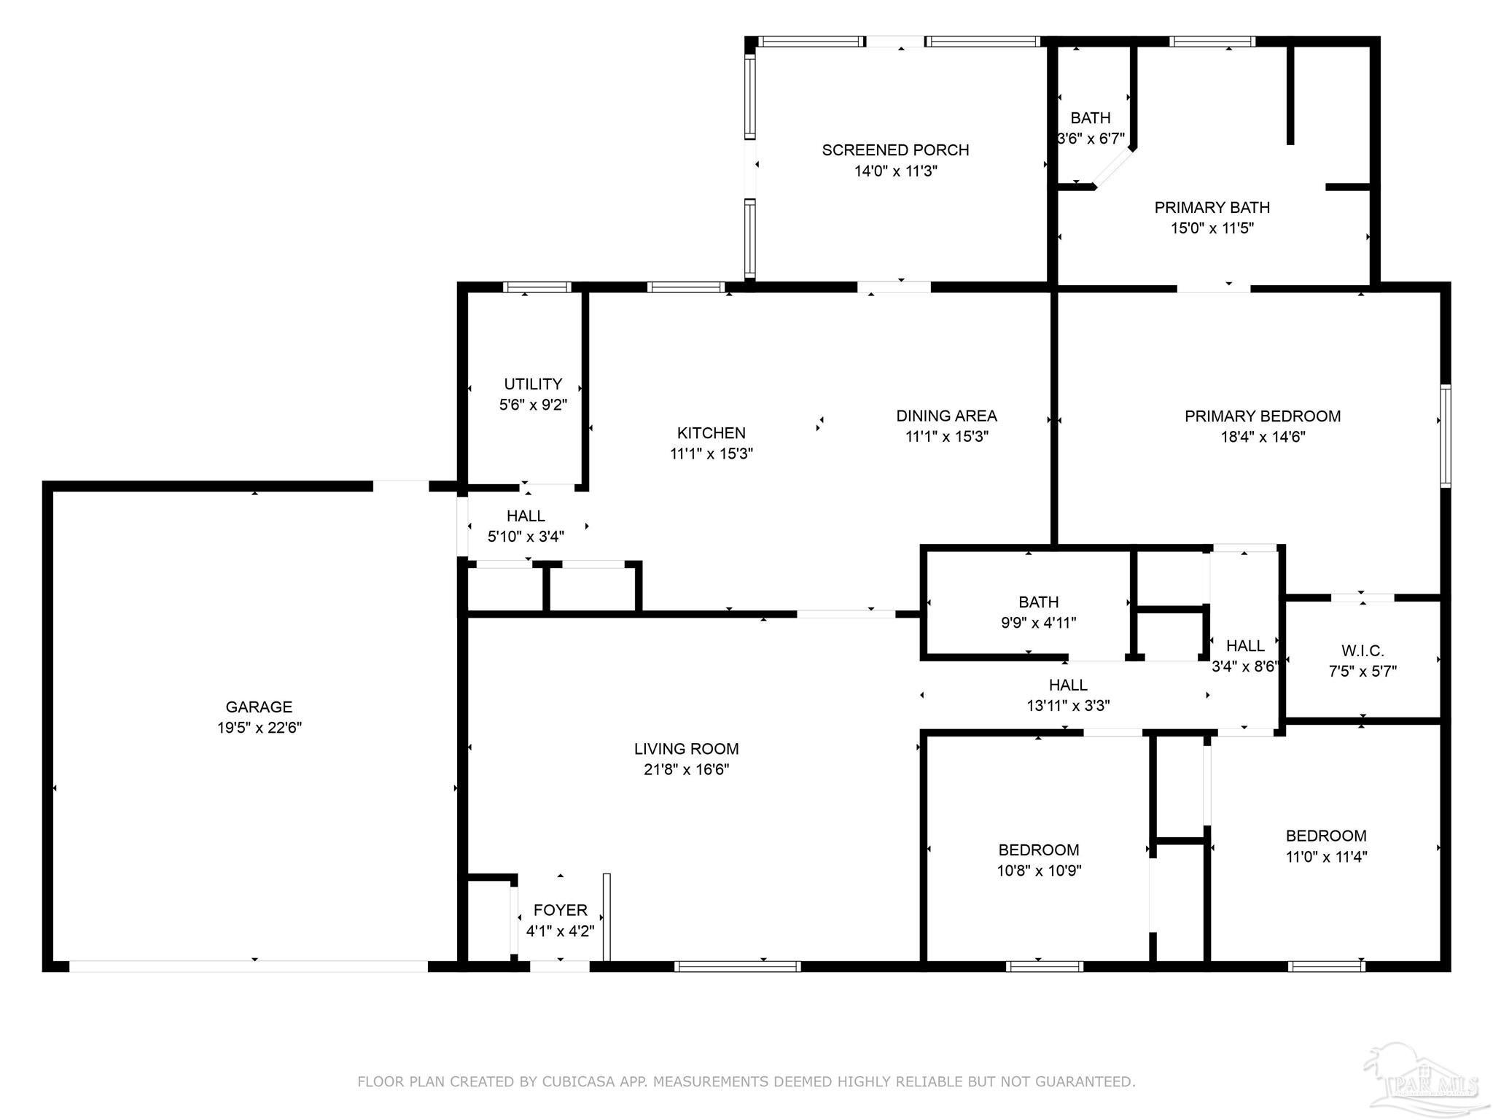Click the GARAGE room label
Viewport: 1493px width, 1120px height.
point(259,707)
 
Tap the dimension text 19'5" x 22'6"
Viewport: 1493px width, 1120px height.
point(259,728)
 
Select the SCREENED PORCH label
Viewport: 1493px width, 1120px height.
point(895,150)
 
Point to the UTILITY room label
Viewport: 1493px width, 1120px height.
point(533,384)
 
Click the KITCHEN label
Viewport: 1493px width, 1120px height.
point(711,433)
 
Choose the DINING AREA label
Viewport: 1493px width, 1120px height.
point(946,416)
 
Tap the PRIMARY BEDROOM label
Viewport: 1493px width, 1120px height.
point(1263,416)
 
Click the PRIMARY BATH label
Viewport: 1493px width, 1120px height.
point(1212,208)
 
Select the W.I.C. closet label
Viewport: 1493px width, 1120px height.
point(1363,650)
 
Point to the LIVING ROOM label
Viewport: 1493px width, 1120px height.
point(686,749)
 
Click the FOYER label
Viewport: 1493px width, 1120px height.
point(560,910)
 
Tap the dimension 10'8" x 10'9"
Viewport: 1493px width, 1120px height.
point(1039,871)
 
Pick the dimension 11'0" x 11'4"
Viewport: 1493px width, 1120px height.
point(1326,857)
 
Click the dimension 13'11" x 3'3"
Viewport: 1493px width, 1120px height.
point(1068,706)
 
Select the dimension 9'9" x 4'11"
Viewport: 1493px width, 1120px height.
point(1038,623)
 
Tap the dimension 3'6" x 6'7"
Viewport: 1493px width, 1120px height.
point(1091,139)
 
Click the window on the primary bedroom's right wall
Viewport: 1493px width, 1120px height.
point(1446,435)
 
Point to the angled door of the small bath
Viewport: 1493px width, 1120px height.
point(1113,168)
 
